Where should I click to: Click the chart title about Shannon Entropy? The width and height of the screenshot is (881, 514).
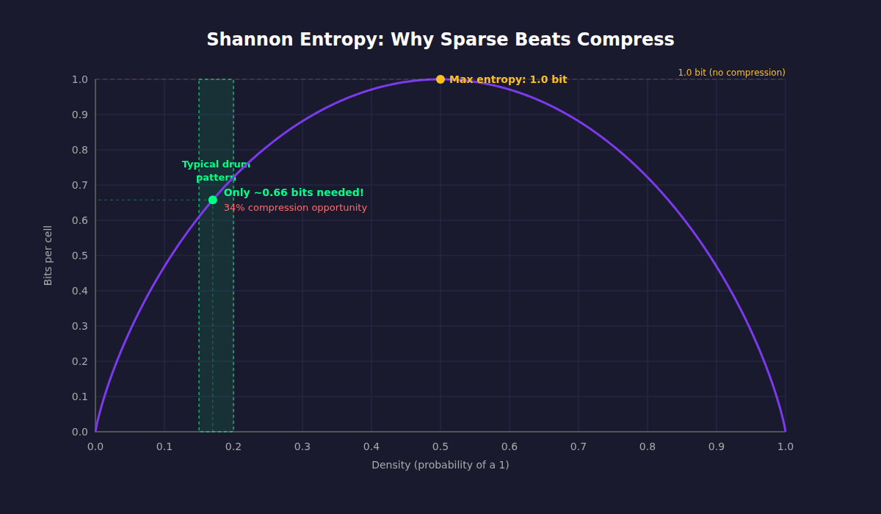pyautogui.click(x=440, y=40)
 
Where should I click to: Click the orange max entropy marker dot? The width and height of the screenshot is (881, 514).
pyautogui.click(x=440, y=79)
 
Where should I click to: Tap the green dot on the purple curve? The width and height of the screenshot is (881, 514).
pyautogui.click(x=213, y=200)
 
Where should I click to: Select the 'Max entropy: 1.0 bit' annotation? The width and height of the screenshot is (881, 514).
pyautogui.click(x=508, y=79)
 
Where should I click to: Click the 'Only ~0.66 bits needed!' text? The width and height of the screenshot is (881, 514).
pyautogui.click(x=294, y=192)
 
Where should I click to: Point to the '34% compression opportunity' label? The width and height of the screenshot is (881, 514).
pyautogui.click(x=295, y=208)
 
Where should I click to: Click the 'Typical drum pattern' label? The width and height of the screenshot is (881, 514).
pyautogui.click(x=216, y=171)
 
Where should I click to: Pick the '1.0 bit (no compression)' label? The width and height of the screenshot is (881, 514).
pyautogui.click(x=731, y=73)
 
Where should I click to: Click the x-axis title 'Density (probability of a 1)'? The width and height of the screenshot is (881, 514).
pyautogui.click(x=440, y=465)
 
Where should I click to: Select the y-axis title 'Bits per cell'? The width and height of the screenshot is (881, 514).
pyautogui.click(x=48, y=256)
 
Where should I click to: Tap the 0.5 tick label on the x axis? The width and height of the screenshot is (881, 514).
pyautogui.click(x=440, y=446)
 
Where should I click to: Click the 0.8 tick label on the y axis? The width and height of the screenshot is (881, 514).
pyautogui.click(x=79, y=150)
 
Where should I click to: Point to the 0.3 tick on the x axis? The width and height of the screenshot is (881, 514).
pyautogui.click(x=302, y=446)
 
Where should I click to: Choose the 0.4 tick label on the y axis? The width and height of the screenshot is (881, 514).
pyautogui.click(x=79, y=291)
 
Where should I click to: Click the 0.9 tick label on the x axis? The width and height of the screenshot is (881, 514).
pyautogui.click(x=717, y=446)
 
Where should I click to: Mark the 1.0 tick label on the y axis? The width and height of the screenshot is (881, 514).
pyautogui.click(x=79, y=79)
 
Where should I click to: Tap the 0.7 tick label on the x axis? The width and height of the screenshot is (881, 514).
pyautogui.click(x=579, y=446)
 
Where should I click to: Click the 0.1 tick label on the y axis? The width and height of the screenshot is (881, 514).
pyautogui.click(x=79, y=397)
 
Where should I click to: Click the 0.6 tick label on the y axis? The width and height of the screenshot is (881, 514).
pyautogui.click(x=79, y=220)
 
